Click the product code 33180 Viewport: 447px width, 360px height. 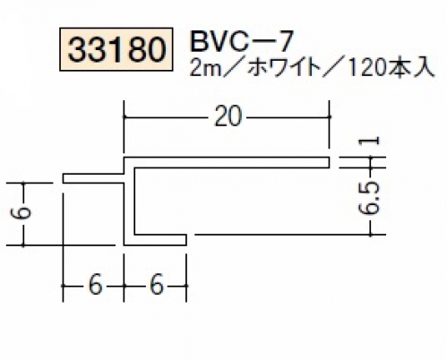pos(116,49)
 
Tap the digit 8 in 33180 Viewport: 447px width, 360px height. pos(136,49)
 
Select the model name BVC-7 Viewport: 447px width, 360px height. pos(240,42)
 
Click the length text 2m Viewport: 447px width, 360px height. pos(204,70)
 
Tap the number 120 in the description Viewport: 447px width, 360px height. pos(367,70)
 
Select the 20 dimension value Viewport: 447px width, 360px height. pos(228,117)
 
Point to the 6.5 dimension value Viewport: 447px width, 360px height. pos(370,198)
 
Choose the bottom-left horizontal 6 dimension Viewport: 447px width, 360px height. pos(95,286)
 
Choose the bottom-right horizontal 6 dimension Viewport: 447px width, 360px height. pos(157,286)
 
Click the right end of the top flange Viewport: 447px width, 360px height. pos(330,162)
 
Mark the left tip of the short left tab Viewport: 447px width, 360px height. pos(64,178)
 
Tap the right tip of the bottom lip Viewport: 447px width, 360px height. pos(186,240)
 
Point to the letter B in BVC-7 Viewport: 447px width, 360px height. pos(198,42)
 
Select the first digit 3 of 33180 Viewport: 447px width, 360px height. pos(77,49)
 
